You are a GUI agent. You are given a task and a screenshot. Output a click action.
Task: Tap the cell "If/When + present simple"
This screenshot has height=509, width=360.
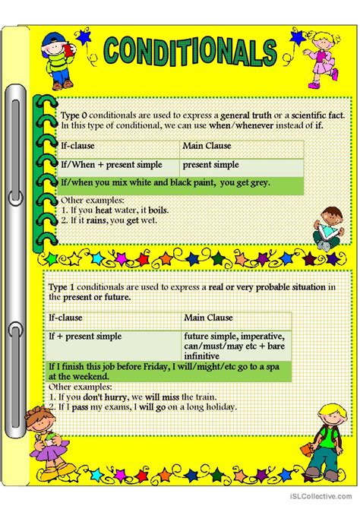[102, 165]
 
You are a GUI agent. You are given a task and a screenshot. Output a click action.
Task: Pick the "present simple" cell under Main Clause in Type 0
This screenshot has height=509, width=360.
[210, 165]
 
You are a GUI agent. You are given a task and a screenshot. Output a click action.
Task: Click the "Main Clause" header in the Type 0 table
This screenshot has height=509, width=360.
[207, 146]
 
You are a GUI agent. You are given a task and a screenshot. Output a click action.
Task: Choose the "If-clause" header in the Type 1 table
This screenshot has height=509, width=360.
[65, 317]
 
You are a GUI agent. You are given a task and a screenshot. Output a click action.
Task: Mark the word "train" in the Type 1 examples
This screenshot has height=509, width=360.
[203, 396]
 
